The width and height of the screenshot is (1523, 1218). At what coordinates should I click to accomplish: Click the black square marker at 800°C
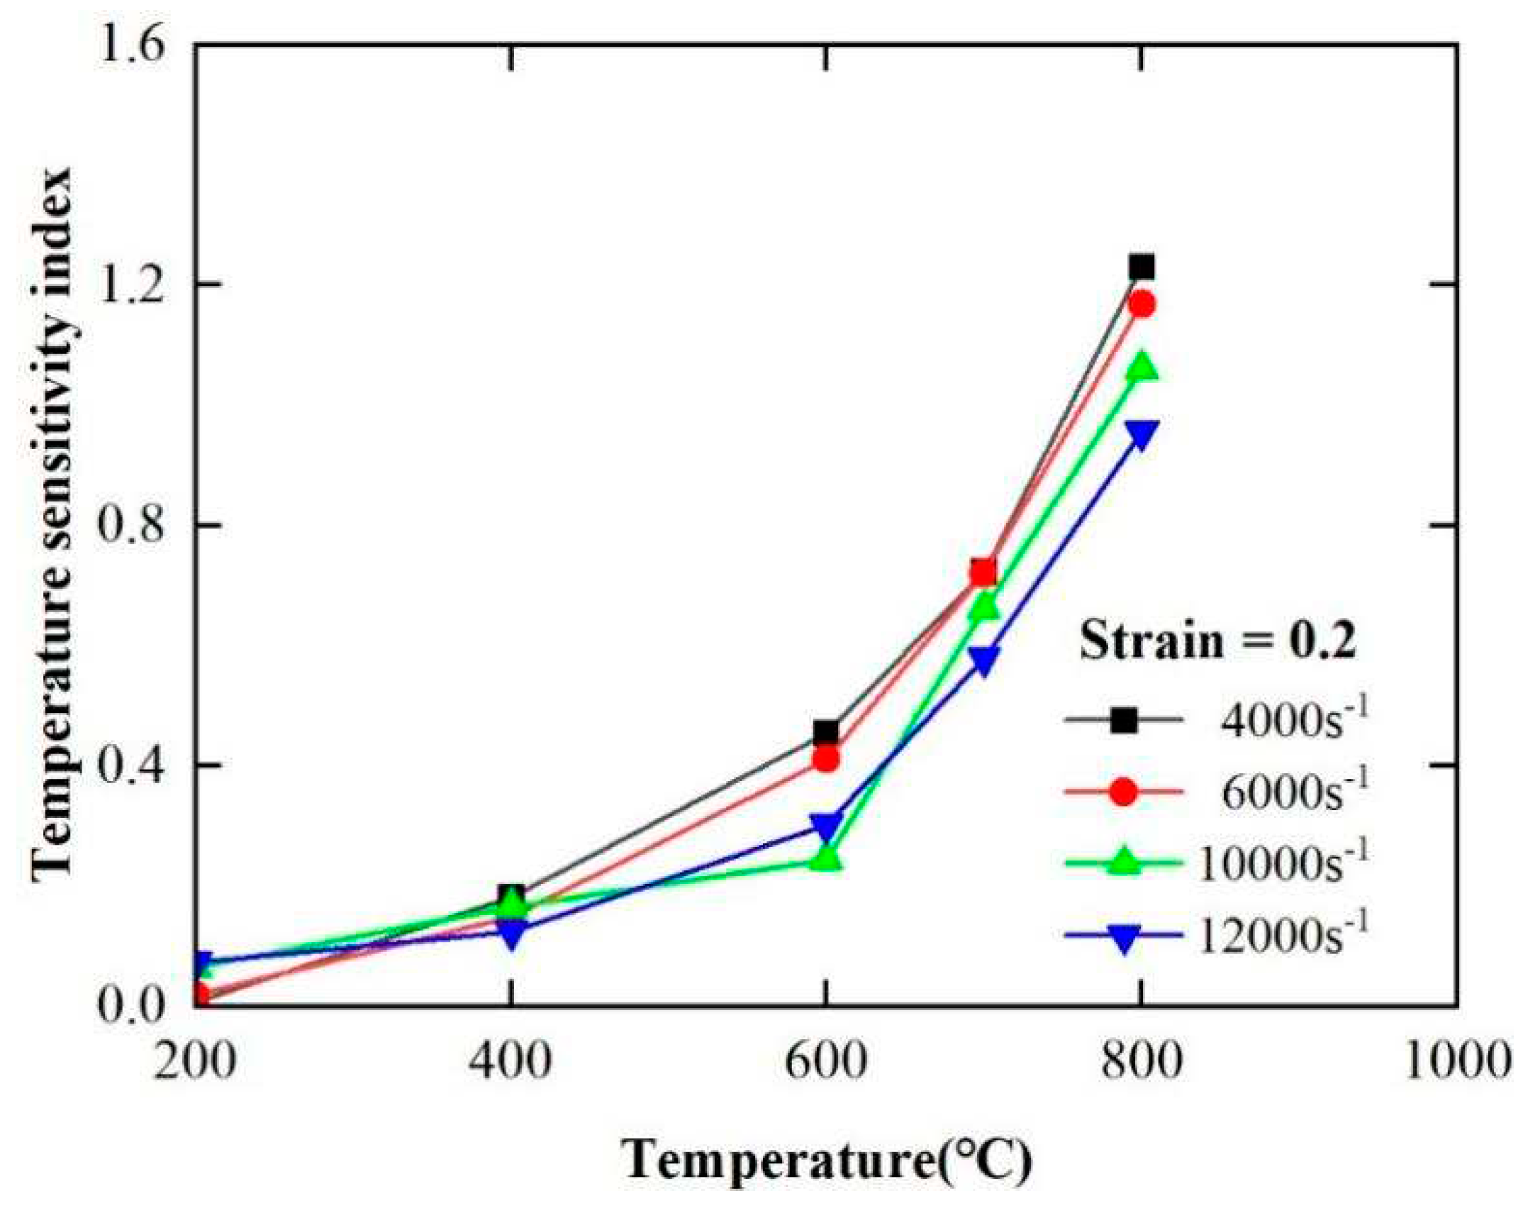tap(1141, 267)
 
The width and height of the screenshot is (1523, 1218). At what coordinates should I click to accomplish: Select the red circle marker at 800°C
tap(1142, 304)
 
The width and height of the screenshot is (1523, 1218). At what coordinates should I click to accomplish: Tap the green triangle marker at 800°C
tap(1142, 367)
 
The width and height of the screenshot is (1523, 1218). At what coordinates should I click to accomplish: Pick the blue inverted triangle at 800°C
tap(1142, 434)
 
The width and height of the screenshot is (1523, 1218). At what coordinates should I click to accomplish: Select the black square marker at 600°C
tap(826, 731)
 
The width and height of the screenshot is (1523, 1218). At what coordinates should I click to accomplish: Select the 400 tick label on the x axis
tap(511, 1061)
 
